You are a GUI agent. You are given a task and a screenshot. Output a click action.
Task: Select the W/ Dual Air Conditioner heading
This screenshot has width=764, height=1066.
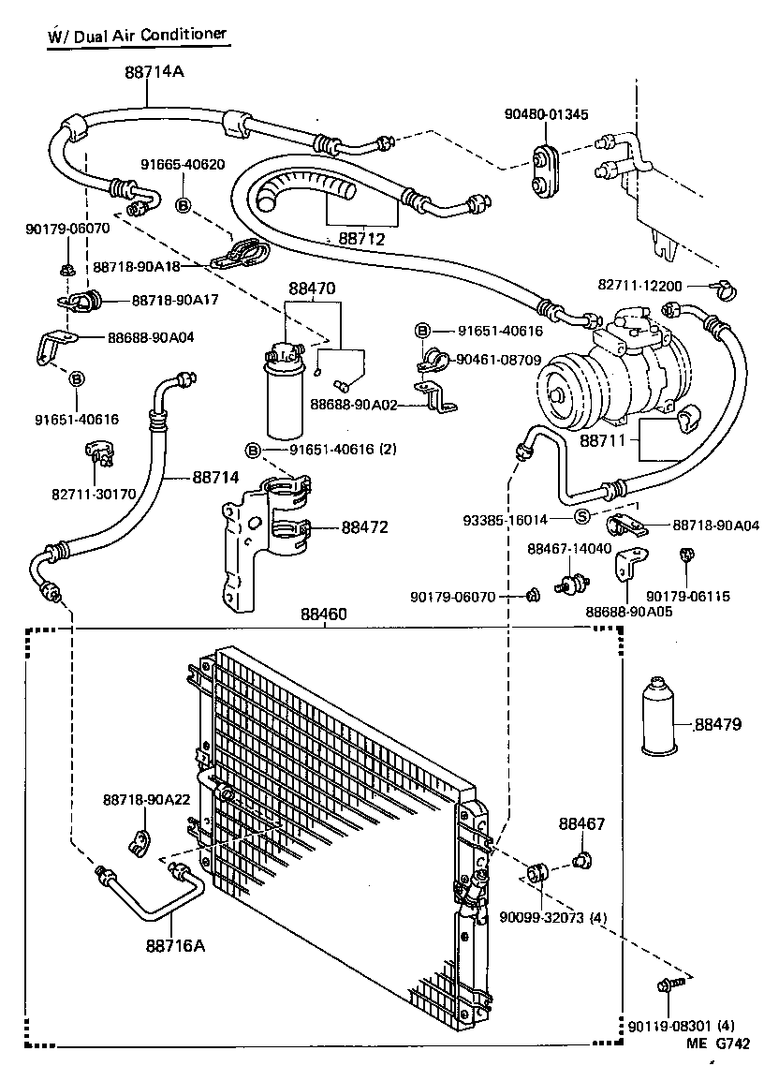click(x=137, y=35)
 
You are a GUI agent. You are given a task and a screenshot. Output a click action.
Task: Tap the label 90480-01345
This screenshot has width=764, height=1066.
click(x=546, y=114)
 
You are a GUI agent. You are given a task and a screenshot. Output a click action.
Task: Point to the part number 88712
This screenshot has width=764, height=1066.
click(x=361, y=239)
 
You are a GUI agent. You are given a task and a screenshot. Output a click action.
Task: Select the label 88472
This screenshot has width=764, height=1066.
click(x=364, y=528)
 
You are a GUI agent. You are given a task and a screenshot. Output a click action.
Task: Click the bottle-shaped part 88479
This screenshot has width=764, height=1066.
click(x=665, y=717)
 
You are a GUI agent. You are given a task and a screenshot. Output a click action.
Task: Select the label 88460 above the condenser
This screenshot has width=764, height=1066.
click(x=324, y=614)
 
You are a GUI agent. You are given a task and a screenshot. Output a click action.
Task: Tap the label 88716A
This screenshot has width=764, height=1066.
click(x=174, y=945)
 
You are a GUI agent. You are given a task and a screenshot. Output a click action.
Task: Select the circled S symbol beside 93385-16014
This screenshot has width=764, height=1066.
click(x=581, y=517)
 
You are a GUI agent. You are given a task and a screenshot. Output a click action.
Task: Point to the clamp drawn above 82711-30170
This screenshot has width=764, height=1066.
click(x=98, y=455)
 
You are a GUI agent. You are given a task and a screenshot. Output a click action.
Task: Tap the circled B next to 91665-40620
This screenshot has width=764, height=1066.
click(x=184, y=204)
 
